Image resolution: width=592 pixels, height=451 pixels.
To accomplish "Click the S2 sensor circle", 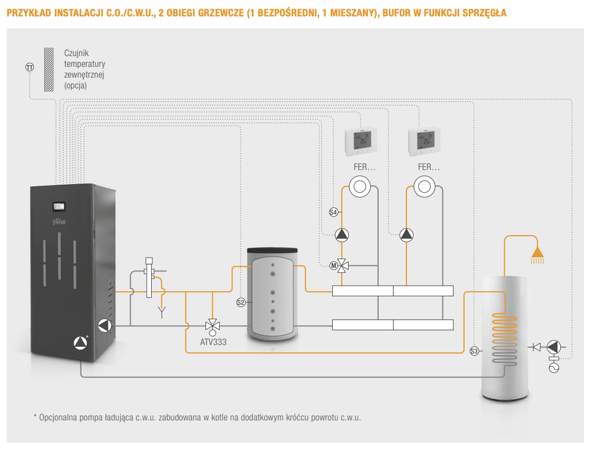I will point(241,303).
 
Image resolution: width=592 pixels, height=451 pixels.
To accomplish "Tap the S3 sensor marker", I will point(474,352).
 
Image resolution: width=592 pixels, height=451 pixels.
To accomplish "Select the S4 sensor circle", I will point(333,212).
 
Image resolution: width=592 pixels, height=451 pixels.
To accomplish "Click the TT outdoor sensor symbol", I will point(29,67).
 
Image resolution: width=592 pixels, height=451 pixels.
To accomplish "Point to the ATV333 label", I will point(213,342).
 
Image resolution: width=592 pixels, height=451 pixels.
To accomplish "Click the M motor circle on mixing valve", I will point(333,265).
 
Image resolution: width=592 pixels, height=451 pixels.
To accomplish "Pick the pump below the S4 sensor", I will point(342,235).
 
